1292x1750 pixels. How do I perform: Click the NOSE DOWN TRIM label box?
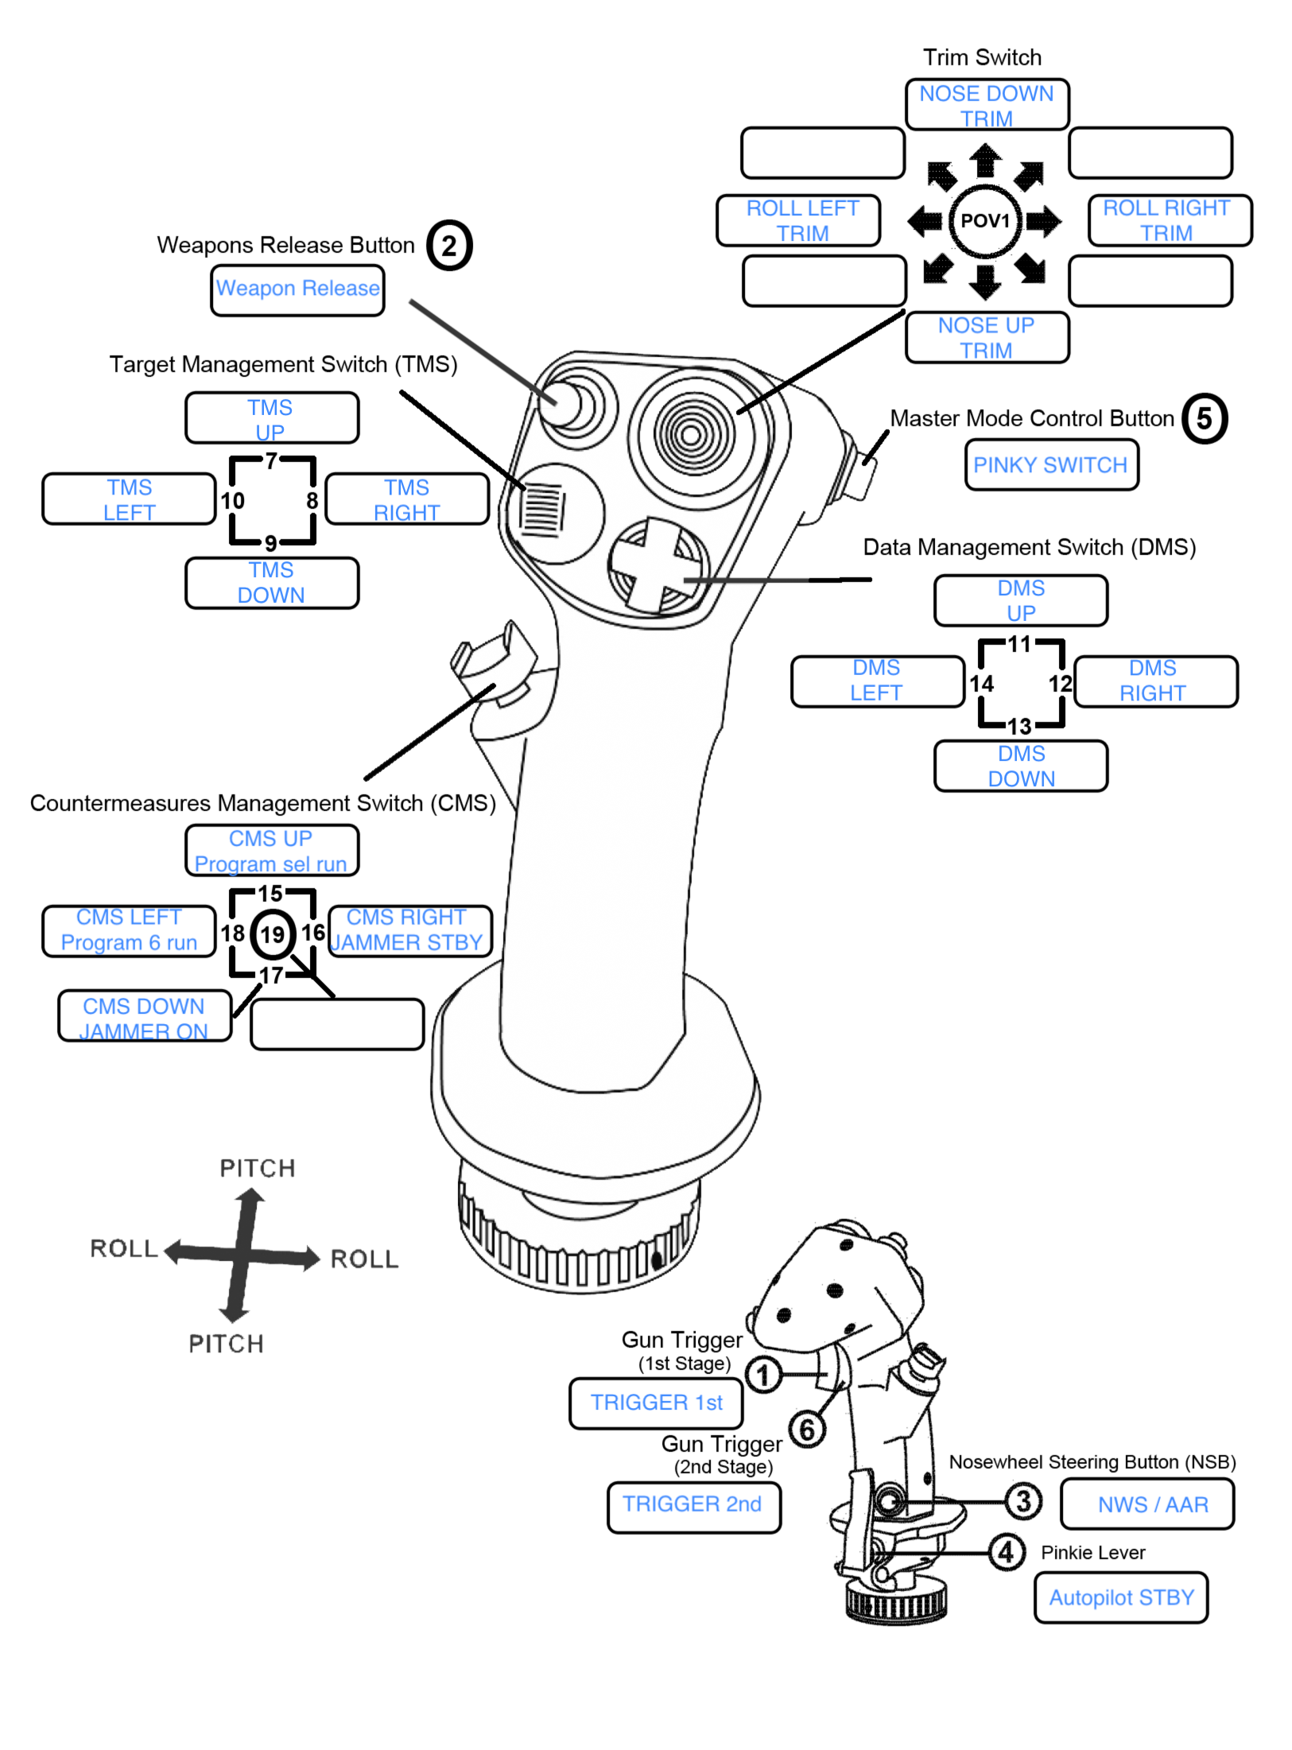point(986,104)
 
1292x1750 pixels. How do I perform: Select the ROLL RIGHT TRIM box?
point(1169,220)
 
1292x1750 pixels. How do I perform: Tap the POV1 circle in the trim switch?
point(984,221)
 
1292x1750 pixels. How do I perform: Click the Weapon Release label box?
point(297,289)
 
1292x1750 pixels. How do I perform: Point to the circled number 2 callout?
point(449,246)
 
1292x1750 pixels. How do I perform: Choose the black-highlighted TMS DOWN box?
point(272,583)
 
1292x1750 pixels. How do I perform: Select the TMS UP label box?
point(272,418)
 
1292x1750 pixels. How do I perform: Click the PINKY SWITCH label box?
point(1051,465)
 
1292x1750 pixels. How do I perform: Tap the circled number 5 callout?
point(1204,419)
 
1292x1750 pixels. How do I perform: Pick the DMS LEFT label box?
point(877,681)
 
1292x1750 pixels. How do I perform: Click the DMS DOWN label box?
point(1021,766)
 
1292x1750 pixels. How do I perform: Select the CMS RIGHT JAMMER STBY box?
point(409,930)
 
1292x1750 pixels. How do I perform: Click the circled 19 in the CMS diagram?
point(273,934)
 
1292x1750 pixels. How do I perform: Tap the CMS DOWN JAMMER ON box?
point(145,1016)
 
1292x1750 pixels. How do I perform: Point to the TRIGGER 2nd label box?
point(693,1505)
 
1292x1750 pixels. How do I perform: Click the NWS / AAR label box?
point(1147,1504)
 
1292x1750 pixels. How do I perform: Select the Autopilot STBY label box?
point(1120,1597)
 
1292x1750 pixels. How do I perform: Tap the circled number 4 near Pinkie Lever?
point(1006,1552)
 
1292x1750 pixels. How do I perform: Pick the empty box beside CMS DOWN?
point(337,1024)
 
